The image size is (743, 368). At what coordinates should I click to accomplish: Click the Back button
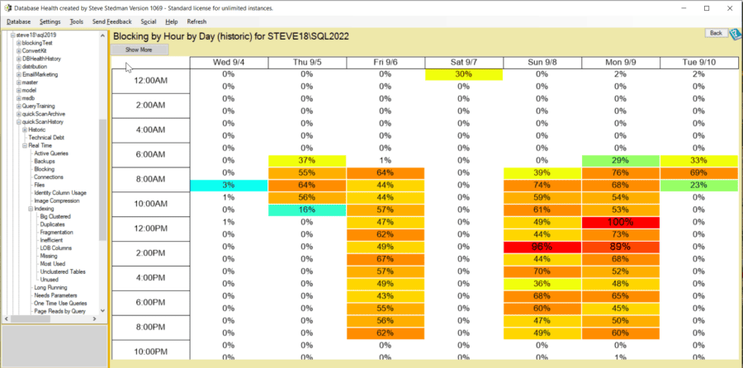click(715, 33)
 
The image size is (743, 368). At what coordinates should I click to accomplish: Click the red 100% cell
click(620, 223)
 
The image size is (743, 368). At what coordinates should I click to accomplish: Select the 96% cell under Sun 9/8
click(542, 248)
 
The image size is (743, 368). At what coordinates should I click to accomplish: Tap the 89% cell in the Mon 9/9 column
click(620, 248)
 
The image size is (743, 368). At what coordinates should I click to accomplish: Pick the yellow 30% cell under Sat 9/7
click(463, 74)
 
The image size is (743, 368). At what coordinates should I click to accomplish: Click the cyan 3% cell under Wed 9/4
click(229, 186)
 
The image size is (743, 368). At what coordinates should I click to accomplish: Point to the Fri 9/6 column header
click(385, 63)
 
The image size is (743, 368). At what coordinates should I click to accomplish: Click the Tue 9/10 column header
click(698, 63)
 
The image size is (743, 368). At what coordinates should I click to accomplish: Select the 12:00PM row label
click(150, 229)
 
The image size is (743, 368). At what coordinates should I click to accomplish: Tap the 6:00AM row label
click(150, 154)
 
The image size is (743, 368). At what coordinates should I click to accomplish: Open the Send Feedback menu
click(111, 21)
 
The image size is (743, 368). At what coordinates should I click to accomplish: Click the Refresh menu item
click(196, 21)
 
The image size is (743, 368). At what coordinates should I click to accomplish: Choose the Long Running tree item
click(51, 287)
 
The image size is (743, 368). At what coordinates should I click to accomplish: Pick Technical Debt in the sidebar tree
click(47, 137)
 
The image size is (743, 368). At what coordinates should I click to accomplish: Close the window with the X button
click(729, 7)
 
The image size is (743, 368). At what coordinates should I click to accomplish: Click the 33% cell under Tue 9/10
click(698, 159)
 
